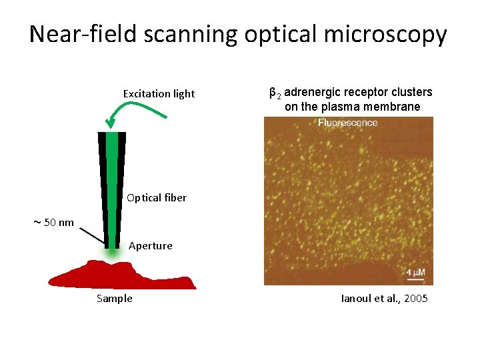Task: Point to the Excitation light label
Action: (159, 94)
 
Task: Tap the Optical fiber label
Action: (156, 198)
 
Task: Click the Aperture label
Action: (150, 246)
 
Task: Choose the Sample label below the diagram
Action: (114, 299)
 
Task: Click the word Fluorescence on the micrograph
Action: (347, 123)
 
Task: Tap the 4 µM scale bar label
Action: (417, 273)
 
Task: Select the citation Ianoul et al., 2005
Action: (384, 299)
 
